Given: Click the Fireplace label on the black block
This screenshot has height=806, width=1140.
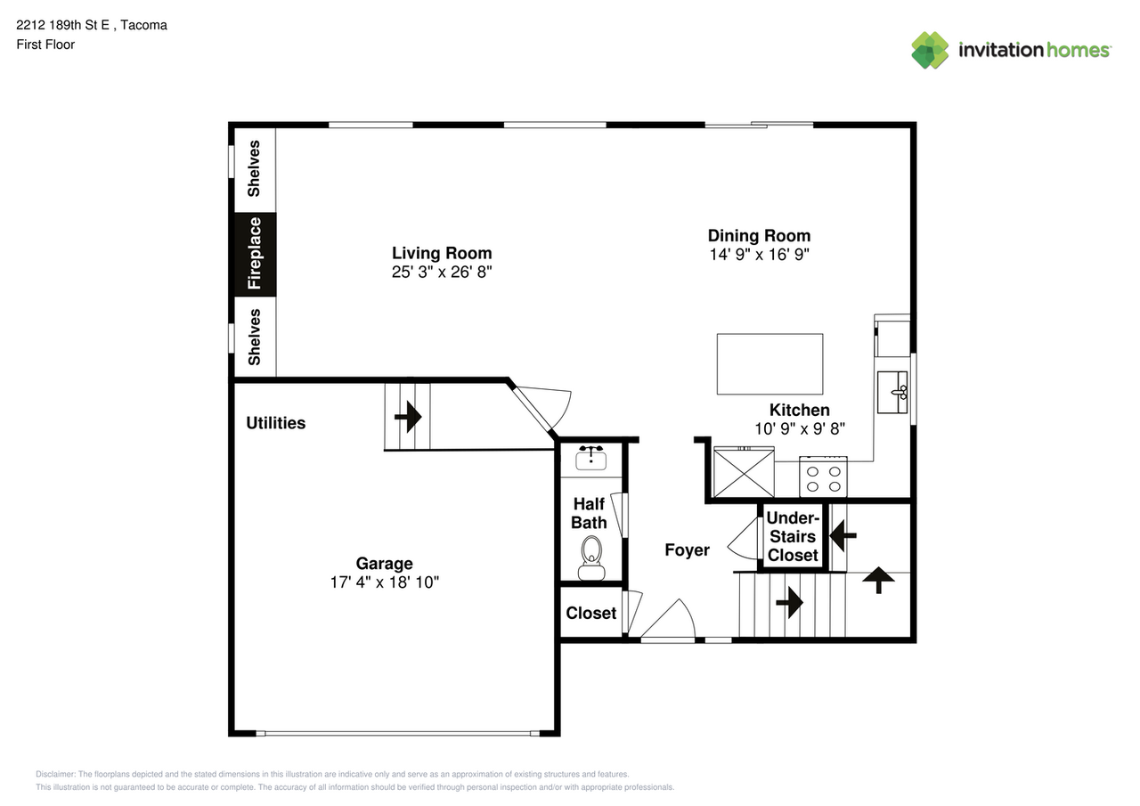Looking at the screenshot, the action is coord(255,254).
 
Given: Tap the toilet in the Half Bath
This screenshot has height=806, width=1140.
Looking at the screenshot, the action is coord(591,558).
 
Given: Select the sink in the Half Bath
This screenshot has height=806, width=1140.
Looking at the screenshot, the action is coord(590,458).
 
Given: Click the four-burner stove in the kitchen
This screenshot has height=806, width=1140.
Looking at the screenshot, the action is coord(823,477).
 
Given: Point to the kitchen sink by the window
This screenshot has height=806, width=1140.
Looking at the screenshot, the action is coord(892,393).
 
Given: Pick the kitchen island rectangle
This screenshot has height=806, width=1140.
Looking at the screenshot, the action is coord(769,364).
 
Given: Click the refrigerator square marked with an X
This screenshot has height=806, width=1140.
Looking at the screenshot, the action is coord(744,473).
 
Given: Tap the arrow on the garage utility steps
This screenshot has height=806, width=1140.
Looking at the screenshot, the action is coord(408,417).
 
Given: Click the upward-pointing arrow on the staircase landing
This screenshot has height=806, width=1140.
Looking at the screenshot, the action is coord(878,580).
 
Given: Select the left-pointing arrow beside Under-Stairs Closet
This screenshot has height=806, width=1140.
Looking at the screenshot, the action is coord(843,535).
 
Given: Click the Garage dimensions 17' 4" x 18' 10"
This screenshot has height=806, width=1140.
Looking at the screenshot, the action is coord(384,582).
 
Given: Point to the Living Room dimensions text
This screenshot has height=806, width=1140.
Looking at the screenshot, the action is coord(442,273).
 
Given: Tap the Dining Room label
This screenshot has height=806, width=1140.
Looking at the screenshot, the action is coord(760,236).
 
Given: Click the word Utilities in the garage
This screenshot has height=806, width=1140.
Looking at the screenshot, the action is coord(276,423).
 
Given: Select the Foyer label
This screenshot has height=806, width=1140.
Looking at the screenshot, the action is coord(687,550).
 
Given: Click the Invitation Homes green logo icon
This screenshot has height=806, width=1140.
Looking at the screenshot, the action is coord(930,50).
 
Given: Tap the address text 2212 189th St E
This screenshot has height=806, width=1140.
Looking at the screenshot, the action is coord(62,25).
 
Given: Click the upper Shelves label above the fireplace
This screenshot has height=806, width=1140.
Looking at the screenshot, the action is coord(254,168).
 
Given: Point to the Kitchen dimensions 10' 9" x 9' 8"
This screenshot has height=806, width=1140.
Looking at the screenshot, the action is coord(800,429).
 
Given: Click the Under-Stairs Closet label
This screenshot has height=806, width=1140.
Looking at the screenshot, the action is coord(793,536).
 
